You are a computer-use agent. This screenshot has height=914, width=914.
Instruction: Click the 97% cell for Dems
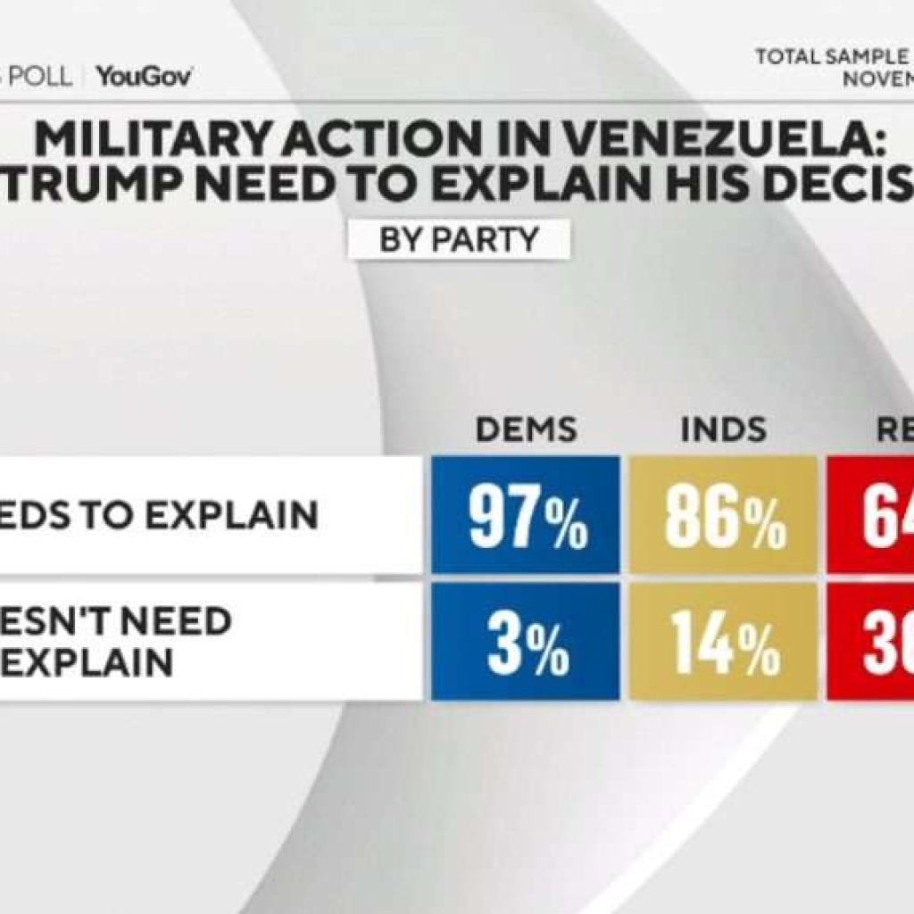click(526, 515)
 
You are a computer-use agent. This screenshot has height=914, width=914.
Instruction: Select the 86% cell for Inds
click(723, 515)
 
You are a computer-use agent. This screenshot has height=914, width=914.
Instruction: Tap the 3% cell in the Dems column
click(526, 642)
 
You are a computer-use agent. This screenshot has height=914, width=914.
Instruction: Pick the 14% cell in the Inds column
click(723, 642)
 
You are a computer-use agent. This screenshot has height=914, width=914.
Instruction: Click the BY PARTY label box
click(459, 240)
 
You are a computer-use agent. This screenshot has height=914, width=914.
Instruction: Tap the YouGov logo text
click(145, 77)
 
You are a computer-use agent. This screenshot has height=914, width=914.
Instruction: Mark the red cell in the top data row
click(870, 515)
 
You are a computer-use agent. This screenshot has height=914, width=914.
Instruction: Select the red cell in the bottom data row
click(870, 642)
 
